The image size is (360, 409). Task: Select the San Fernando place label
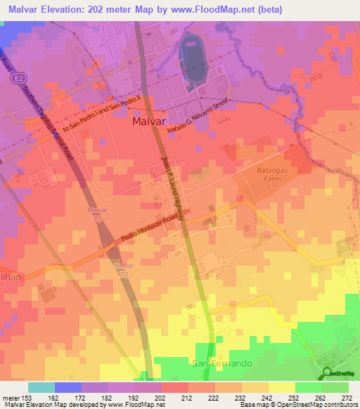tap(217, 363)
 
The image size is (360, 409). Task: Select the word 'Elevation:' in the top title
tap(67, 8)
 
